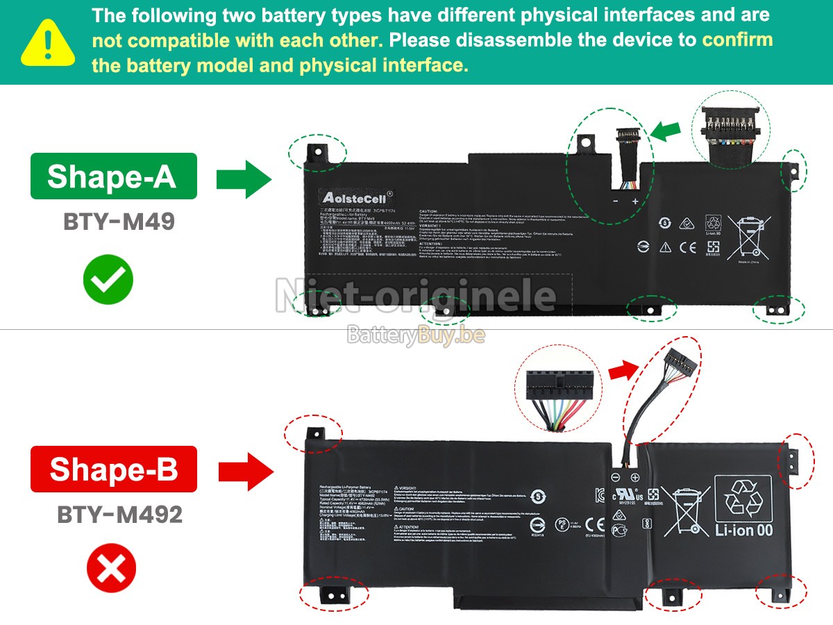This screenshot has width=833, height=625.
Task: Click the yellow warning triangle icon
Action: pos(47,43)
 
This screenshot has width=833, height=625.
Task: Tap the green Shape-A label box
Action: pos(113,176)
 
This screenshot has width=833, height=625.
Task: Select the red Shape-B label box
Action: pos(113,469)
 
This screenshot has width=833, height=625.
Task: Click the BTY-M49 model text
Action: pos(119,222)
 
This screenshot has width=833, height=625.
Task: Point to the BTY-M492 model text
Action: pos(119,515)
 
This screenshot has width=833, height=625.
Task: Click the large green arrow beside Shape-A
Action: pos(243,180)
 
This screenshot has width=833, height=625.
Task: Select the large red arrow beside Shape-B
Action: pos(244,472)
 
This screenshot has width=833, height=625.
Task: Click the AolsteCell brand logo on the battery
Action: pos(357,197)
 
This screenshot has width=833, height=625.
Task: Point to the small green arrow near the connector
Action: pos(666,131)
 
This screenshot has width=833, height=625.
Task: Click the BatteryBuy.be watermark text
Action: pos(416,336)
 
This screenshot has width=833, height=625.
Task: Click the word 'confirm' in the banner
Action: pos(737,40)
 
